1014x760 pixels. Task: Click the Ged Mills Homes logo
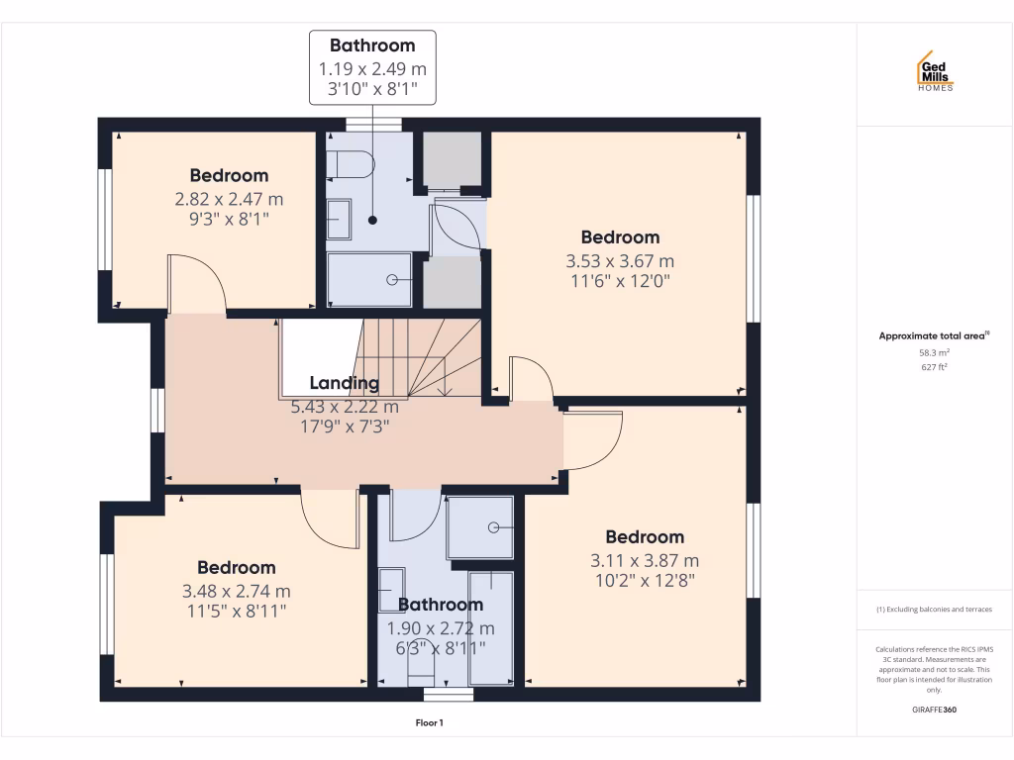point(934,71)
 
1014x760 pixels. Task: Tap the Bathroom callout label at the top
point(372,46)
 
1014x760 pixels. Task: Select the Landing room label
point(344,383)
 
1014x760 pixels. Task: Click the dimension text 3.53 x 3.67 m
point(620,261)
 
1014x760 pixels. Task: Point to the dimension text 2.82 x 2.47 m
point(229,199)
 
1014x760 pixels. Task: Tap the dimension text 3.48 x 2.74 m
point(236,591)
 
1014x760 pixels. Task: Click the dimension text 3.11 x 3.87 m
point(645,560)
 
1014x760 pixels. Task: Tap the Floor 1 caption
point(429,723)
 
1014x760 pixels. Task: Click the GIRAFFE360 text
point(934,710)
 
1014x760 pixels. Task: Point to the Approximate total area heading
point(934,336)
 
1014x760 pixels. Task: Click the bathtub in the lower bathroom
point(491,627)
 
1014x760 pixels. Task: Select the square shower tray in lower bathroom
point(480,527)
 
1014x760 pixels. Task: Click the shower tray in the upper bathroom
point(368,279)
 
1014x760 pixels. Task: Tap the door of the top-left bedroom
point(196,285)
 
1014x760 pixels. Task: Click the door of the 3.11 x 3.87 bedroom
point(591,440)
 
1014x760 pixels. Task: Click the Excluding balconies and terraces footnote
point(934,610)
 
